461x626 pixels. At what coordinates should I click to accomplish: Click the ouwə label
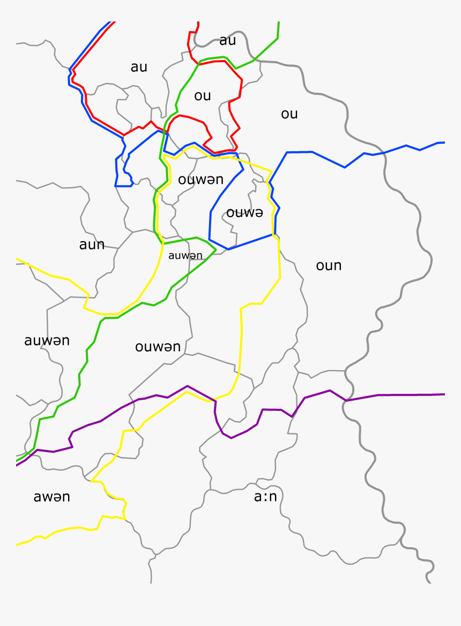(244, 213)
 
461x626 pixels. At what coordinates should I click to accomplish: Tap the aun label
(92, 245)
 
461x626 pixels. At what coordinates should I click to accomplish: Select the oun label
(329, 266)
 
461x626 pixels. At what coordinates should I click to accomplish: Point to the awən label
(51, 497)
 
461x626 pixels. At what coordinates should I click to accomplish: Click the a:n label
(265, 497)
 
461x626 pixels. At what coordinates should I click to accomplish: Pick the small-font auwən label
(185, 256)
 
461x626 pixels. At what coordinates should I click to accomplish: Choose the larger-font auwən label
(47, 341)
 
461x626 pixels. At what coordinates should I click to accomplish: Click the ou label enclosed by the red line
(203, 96)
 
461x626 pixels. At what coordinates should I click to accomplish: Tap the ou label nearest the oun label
(289, 114)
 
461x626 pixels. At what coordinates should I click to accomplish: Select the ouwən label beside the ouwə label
(200, 180)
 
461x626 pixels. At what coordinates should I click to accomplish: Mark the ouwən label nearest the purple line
(158, 347)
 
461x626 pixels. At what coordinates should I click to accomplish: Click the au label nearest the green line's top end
(227, 41)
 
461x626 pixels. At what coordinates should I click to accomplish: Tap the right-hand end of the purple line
(444, 394)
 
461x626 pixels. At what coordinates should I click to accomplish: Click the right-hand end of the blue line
(443, 143)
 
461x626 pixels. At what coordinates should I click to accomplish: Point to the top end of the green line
(279, 23)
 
